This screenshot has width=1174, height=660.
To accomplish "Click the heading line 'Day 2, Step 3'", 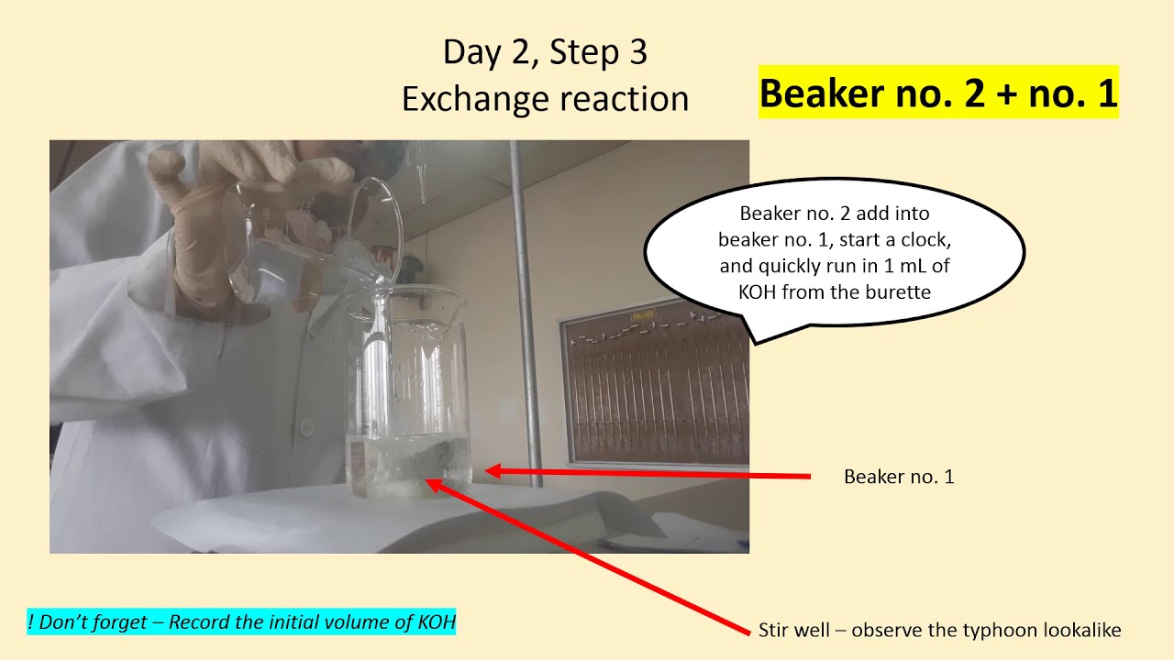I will pos(545,52).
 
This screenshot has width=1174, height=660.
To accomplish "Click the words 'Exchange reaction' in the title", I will pos(545,98).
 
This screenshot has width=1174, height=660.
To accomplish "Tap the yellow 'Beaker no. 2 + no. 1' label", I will pos(938,93).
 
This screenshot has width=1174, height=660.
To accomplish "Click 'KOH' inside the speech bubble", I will pos(760,292).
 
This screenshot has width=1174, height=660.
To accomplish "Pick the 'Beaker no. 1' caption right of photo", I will pos(899,477).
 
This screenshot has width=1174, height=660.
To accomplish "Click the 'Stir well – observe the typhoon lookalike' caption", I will pos(939,630).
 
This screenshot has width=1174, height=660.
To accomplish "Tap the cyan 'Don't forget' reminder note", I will pos(242,622).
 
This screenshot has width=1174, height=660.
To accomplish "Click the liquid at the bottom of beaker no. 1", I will pos(408,467).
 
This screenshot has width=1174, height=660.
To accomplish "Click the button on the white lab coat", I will pos(305,424).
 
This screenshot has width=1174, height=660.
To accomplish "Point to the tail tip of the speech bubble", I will pos(754,344).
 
